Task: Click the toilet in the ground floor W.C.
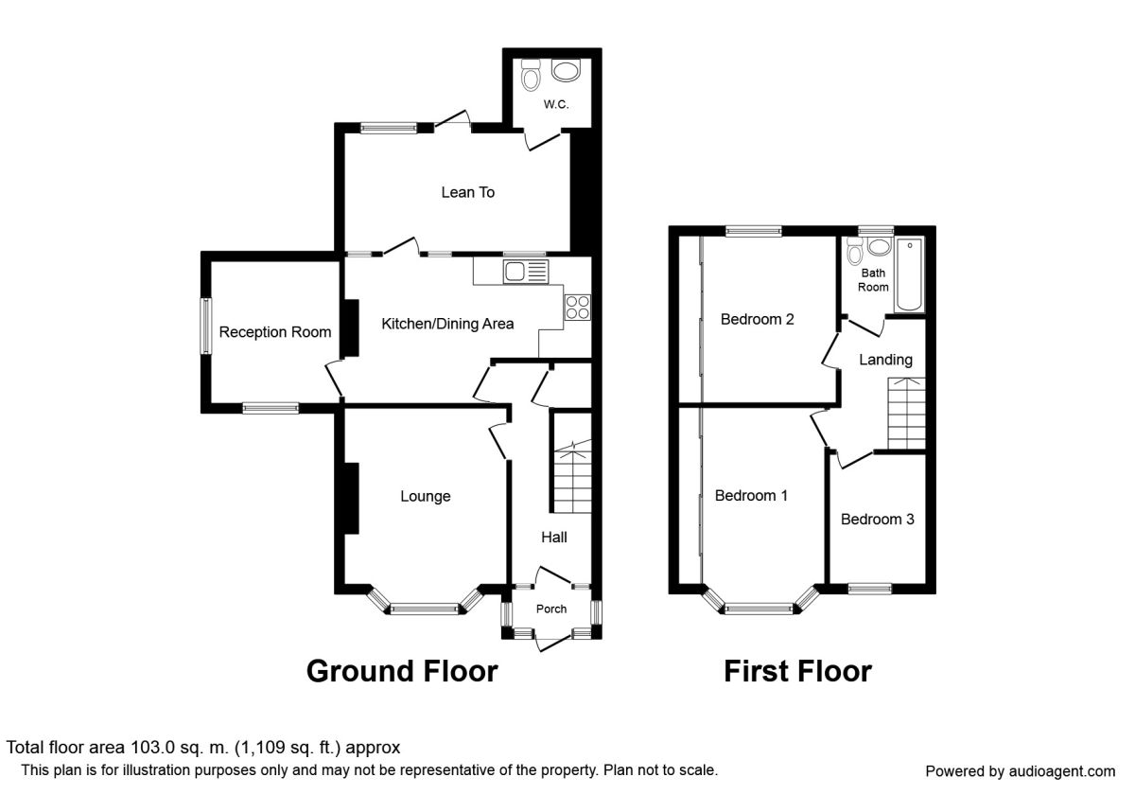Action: (x=531, y=75)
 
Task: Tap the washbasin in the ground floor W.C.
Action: (x=566, y=70)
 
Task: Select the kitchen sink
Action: (x=526, y=272)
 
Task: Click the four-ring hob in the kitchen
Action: (x=578, y=308)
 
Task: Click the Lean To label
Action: (x=467, y=192)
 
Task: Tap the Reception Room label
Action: (x=275, y=332)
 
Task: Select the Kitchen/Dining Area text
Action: (x=447, y=324)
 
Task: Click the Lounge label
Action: (x=425, y=496)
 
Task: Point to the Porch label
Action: (x=551, y=609)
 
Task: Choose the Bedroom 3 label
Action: (x=877, y=520)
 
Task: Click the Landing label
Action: (x=885, y=360)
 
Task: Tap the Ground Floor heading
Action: (x=402, y=671)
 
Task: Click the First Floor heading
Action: (x=798, y=671)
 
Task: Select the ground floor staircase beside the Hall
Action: (x=572, y=477)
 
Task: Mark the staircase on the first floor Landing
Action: (x=906, y=414)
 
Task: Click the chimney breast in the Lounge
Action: (x=351, y=498)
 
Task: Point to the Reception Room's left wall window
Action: (x=206, y=327)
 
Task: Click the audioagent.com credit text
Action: (x=1021, y=771)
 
